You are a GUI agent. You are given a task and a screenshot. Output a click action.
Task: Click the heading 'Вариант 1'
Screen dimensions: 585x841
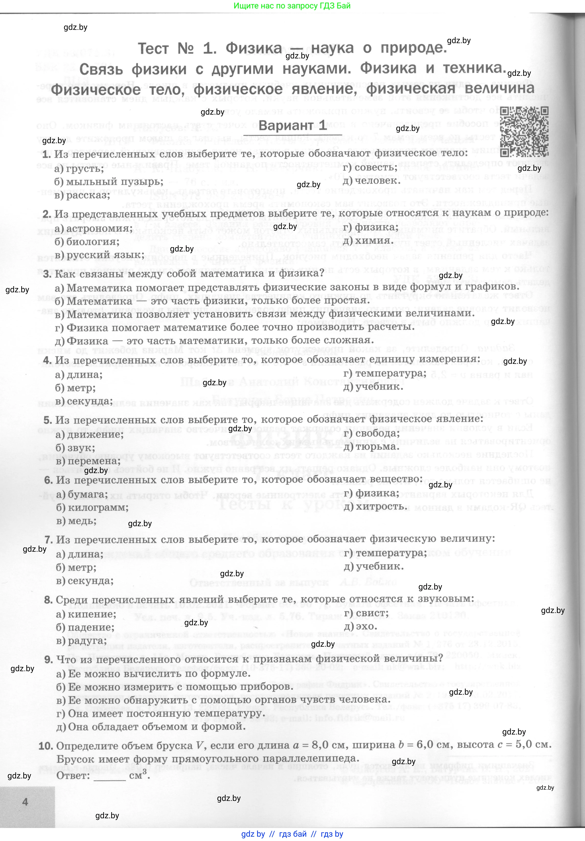(292, 126)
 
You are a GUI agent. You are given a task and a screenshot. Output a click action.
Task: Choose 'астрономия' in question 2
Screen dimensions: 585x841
(99, 229)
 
